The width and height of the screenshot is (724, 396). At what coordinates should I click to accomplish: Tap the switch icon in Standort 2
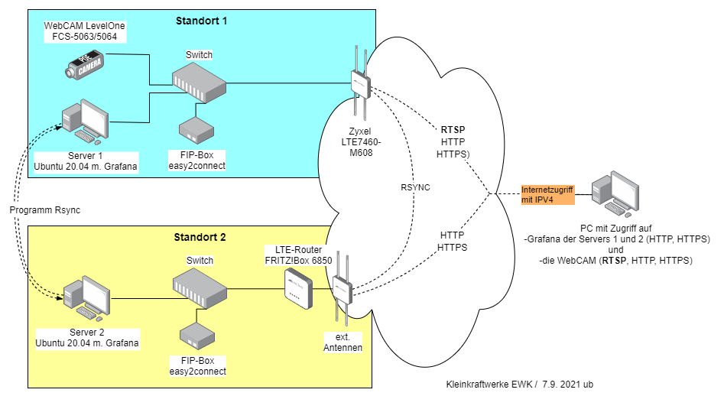pyautogui.click(x=199, y=289)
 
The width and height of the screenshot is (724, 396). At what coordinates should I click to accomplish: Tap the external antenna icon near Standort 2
pyautogui.click(x=341, y=291)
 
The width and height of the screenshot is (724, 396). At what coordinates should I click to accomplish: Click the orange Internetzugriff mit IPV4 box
pyautogui.click(x=546, y=194)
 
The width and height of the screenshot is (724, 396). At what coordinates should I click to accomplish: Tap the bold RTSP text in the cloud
pyautogui.click(x=453, y=129)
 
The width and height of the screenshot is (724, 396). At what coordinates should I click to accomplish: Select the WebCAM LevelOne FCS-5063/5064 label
pyautogui.click(x=84, y=31)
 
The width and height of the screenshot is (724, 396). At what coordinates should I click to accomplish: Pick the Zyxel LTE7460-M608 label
pyautogui.click(x=361, y=142)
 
